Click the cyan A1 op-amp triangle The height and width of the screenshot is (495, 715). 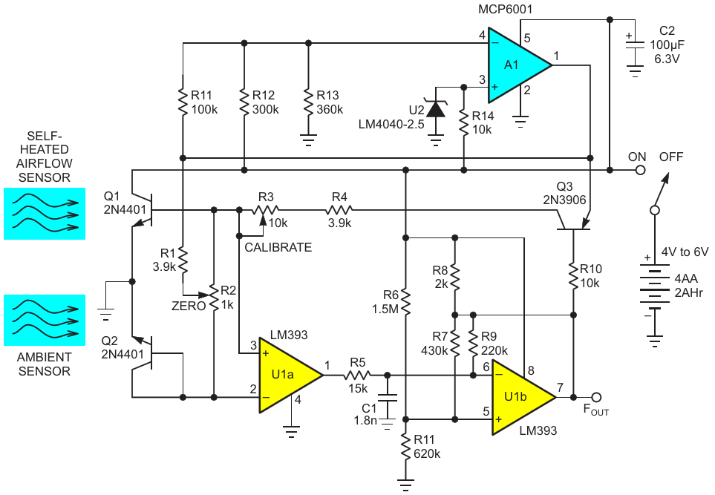click(515, 65)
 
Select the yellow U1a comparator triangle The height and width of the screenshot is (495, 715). click(285, 375)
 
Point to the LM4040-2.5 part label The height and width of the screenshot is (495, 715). click(391, 124)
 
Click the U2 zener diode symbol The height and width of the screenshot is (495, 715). click(436, 109)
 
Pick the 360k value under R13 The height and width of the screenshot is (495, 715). click(330, 110)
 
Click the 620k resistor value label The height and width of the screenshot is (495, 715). click(427, 454)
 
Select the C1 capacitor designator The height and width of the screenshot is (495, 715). click(369, 408)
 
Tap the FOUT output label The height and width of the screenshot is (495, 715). click(596, 410)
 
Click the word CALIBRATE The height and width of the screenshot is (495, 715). click(278, 248)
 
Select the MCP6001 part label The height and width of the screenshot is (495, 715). click(505, 9)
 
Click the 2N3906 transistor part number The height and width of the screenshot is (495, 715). click(564, 200)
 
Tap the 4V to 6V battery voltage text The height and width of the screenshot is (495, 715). click(685, 252)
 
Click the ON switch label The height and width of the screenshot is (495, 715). click(637, 157)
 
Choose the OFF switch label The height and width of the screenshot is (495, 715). click(671, 157)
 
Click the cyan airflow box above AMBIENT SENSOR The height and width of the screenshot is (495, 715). click(45, 321)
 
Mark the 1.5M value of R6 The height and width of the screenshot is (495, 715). click(385, 309)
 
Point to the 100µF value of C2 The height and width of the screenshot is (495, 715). click(667, 45)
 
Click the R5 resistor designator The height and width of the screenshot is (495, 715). click(358, 363)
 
